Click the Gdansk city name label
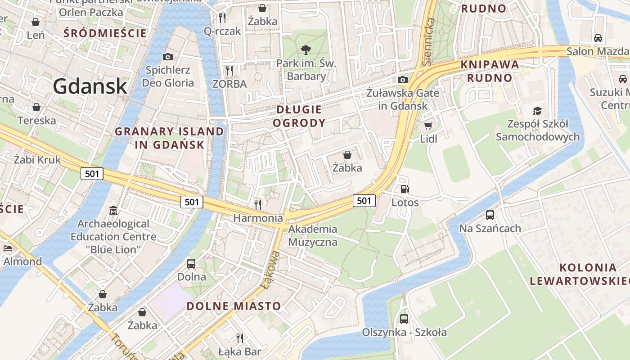(x=90, y=86)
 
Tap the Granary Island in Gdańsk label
(x=169, y=138)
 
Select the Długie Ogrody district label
(x=299, y=116)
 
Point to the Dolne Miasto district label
(x=234, y=306)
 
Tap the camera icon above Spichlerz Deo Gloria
(x=168, y=57)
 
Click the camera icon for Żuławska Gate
(x=403, y=80)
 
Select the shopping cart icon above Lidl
(x=428, y=126)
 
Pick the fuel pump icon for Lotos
(x=405, y=189)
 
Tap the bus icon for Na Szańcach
(x=490, y=215)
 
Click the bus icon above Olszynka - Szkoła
(x=404, y=319)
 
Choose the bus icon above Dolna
(x=191, y=263)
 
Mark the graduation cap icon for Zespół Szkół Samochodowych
(x=537, y=111)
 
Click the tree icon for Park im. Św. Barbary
(x=306, y=49)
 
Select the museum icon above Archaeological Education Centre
(x=113, y=210)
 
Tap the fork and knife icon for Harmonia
(x=258, y=204)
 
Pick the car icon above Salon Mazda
(x=598, y=38)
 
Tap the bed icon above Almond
(x=8, y=248)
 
